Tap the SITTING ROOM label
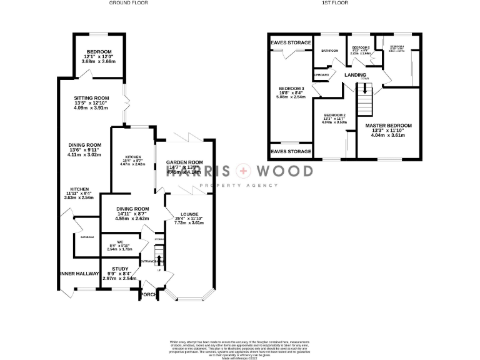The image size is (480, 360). pyautogui.click(x=91, y=98)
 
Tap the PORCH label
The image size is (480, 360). pyautogui.click(x=148, y=294)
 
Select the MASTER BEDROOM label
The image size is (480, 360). pyautogui.click(x=388, y=126)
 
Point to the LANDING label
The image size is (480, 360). pyautogui.click(x=355, y=75)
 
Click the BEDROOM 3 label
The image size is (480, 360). pyautogui.click(x=290, y=88)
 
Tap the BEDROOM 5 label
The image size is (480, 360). pyautogui.click(x=361, y=48)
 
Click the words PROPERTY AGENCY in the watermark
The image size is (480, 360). pyautogui.click(x=237, y=186)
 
